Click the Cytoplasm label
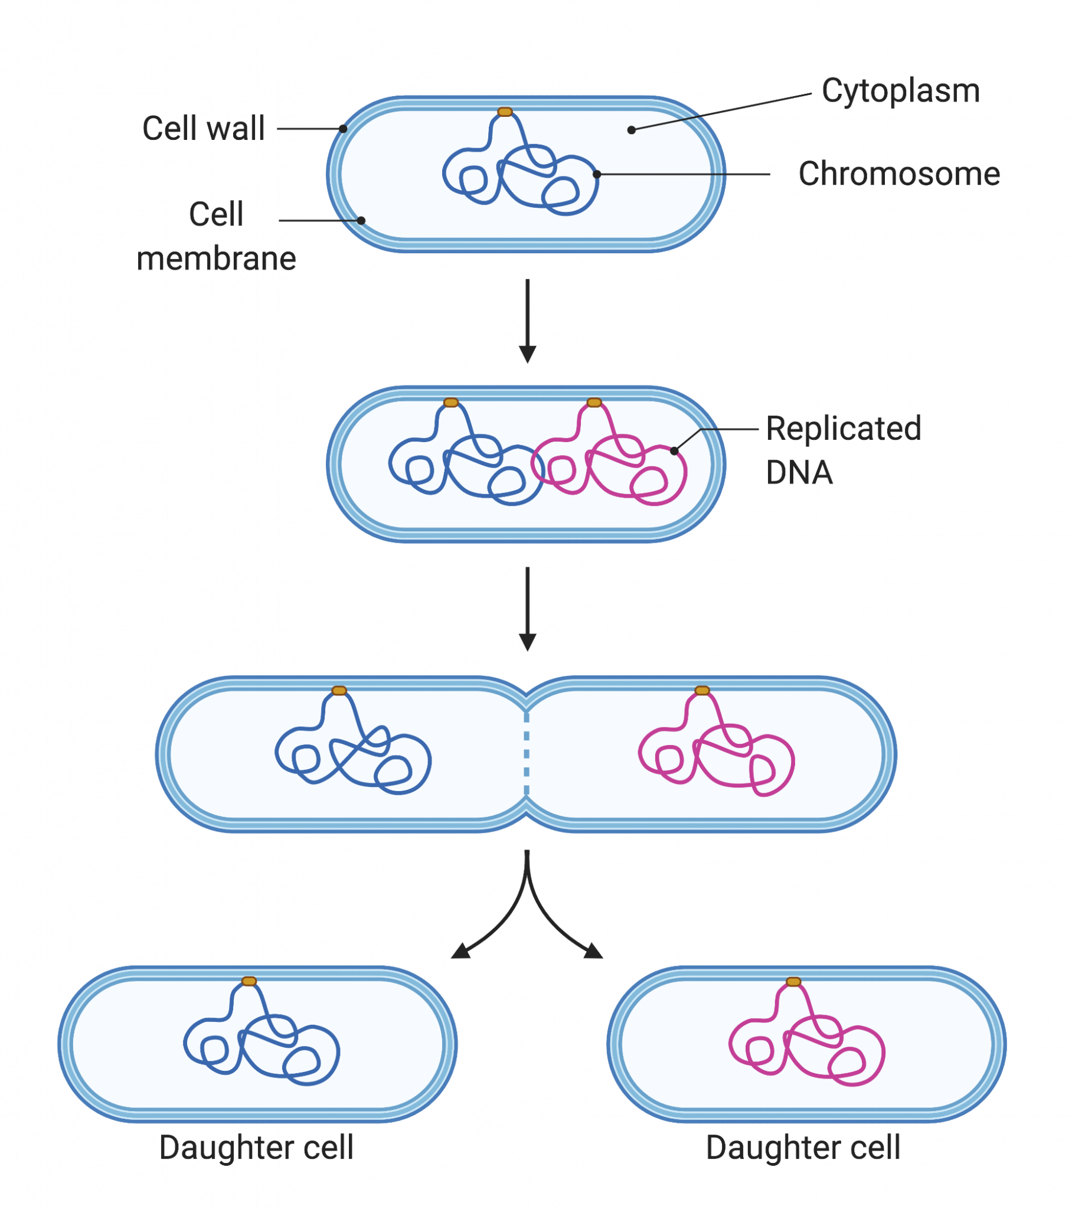900,92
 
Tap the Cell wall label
204,128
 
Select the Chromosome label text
899,174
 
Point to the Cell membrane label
217,236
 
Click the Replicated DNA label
843,450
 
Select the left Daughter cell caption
256,1148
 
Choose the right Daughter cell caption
803,1148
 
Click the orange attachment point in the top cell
505,112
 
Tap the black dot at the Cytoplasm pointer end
631,129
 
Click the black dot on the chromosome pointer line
597,174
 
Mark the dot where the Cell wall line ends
342,128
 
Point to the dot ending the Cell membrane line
361,221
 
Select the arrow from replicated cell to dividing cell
527,609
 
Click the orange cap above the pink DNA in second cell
594,403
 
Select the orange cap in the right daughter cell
793,982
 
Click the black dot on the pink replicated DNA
674,450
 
